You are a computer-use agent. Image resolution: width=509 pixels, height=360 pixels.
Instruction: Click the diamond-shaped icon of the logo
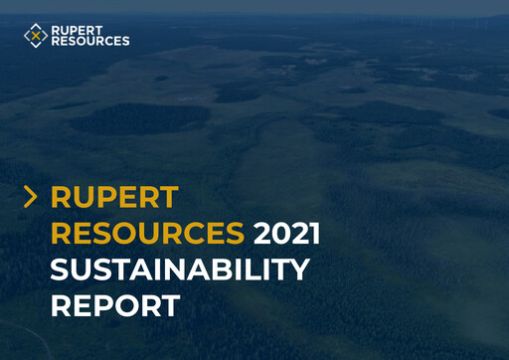[36, 36]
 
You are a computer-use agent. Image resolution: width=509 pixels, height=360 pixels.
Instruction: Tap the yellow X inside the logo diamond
[36, 36]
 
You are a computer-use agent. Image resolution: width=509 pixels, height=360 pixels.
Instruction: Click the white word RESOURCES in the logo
[90, 42]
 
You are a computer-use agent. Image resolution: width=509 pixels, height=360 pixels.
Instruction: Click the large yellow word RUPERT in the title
[114, 198]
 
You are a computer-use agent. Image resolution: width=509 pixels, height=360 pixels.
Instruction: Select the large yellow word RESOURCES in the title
[147, 234]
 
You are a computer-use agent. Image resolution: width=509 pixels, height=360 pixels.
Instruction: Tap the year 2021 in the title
[287, 234]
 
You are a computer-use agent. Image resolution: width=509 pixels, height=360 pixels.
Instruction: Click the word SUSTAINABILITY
[180, 270]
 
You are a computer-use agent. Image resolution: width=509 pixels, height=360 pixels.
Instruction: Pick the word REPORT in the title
[115, 305]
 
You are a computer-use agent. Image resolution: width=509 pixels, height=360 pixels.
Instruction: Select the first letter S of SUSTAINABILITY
[61, 270]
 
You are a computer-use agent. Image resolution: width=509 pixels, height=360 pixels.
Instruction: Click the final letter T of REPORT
[170, 305]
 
